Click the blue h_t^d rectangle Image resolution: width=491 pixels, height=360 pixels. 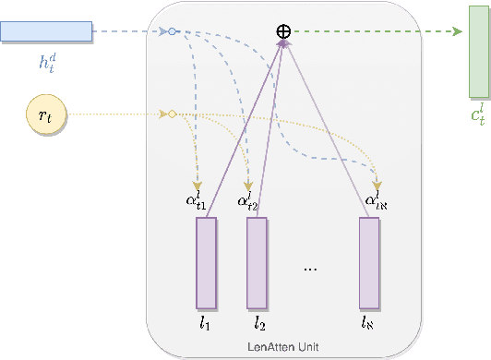point(46,32)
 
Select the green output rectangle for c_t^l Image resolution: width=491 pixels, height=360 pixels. point(478,63)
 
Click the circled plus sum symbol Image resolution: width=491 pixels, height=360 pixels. point(284,32)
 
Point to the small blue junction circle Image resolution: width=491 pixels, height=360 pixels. point(171,32)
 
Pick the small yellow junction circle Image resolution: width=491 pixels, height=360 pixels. point(171,114)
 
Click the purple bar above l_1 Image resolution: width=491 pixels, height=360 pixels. point(206,263)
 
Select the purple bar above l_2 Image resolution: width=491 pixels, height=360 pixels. point(257,263)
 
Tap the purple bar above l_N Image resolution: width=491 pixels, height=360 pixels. point(369,263)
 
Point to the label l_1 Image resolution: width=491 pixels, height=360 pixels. point(206,324)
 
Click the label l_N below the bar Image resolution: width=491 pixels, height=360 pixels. point(370,324)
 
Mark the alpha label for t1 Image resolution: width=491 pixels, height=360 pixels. point(196,202)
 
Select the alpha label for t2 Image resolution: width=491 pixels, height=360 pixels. point(247,202)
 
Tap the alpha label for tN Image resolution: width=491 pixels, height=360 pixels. point(374,202)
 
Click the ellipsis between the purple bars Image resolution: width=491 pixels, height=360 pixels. point(310,268)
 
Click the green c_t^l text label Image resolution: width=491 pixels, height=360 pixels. point(477,115)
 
